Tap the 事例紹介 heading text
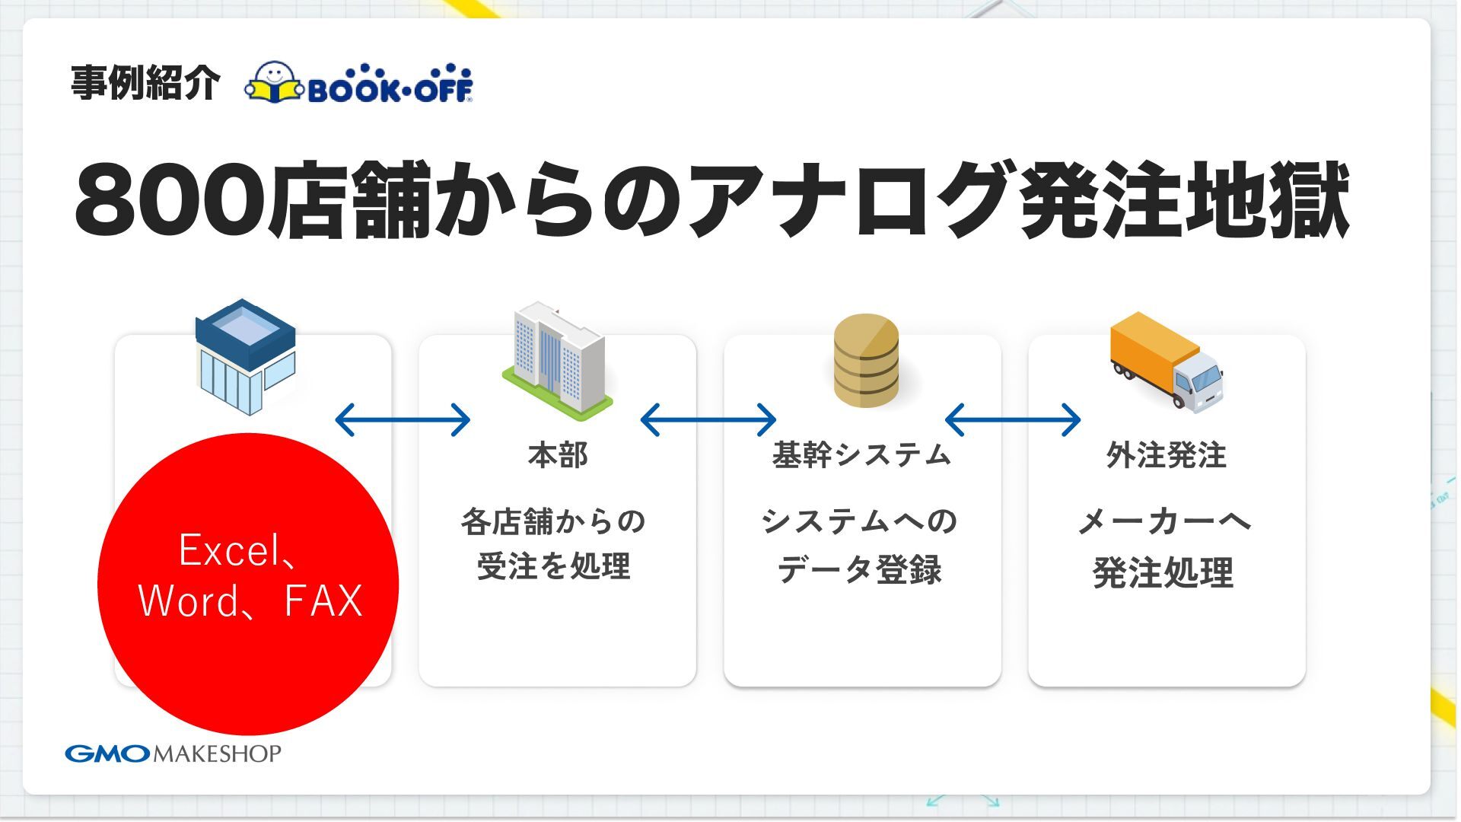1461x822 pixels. [145, 83]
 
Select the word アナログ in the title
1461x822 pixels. [852, 200]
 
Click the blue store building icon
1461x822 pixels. [245, 356]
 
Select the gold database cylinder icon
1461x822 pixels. [866, 360]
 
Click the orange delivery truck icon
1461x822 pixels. [1166, 362]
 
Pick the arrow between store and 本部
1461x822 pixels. [403, 419]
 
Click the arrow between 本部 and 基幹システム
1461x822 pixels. [708, 419]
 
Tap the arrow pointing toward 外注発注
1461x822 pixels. [1013, 419]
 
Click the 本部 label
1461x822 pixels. [558, 455]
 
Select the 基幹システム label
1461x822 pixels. [862, 455]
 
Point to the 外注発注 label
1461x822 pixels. [1167, 455]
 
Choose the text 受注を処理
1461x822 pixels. [554, 567]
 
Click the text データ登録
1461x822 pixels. [860, 569]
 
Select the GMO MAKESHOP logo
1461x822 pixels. [173, 753]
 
